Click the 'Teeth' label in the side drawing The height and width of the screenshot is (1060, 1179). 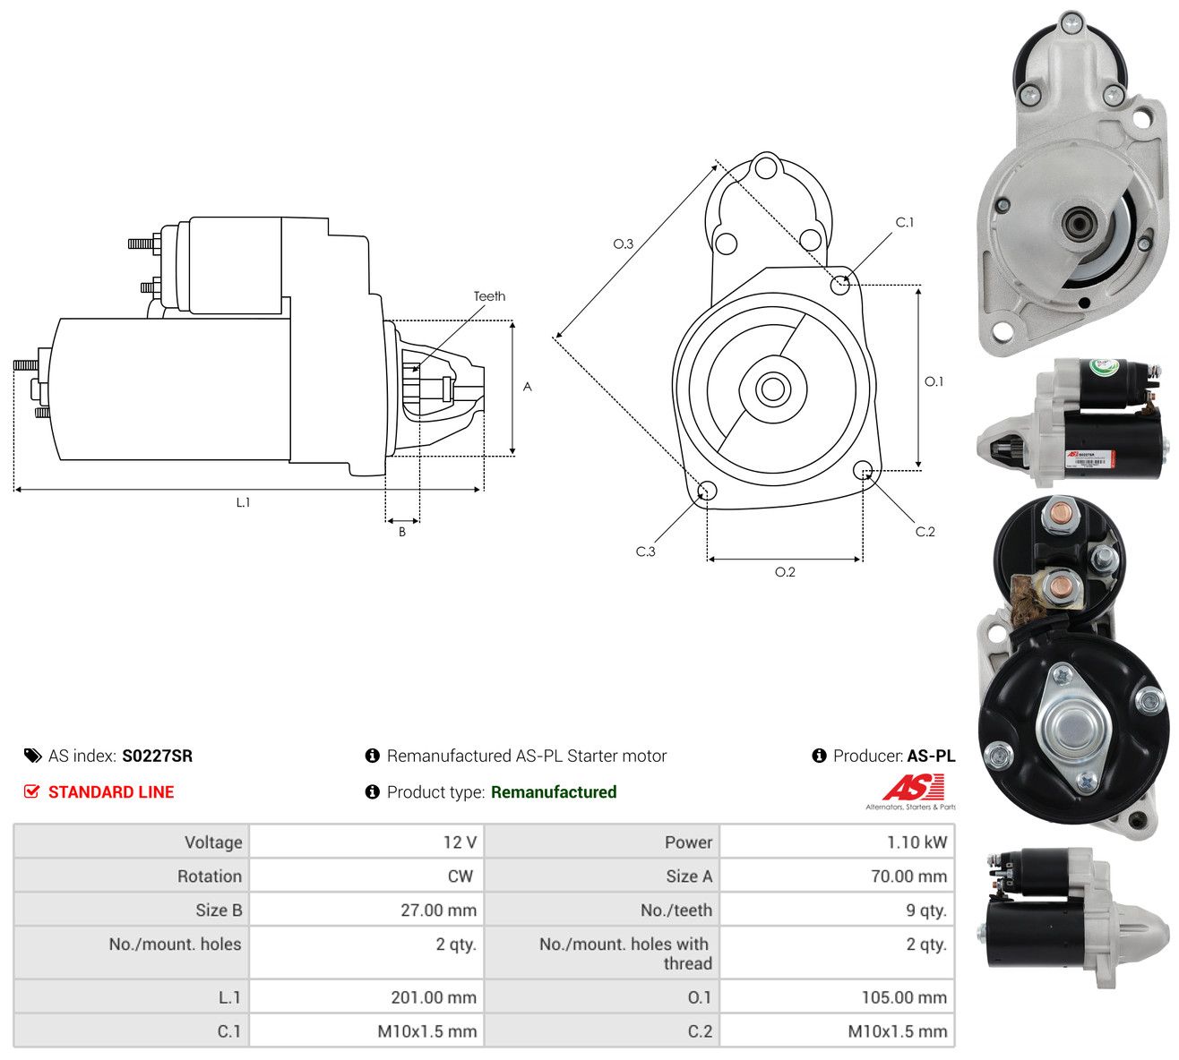(489, 296)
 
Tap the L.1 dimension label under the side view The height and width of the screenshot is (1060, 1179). (243, 502)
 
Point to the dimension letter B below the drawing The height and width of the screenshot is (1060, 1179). (402, 532)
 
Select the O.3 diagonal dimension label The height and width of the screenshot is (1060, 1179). (623, 244)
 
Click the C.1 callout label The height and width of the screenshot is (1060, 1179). (905, 222)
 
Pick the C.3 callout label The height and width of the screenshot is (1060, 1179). (645, 551)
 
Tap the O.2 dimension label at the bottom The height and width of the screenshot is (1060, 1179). (785, 572)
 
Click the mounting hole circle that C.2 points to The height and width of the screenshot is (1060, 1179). (862, 469)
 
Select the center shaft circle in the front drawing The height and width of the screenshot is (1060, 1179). (772, 389)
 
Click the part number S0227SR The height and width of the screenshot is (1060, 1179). (157, 756)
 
